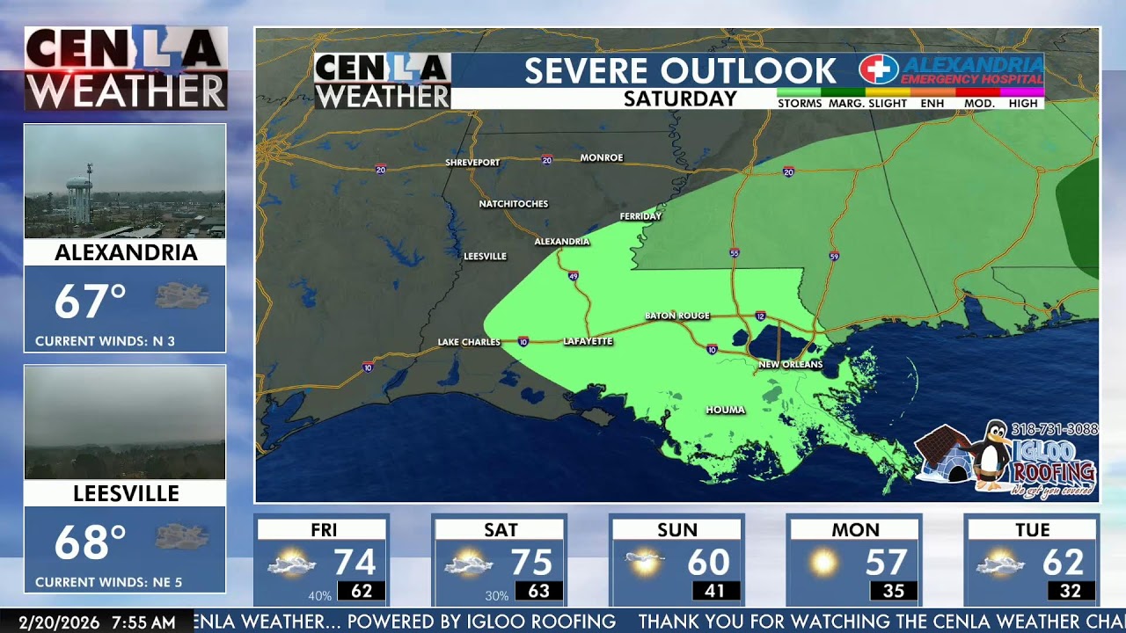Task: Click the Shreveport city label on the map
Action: (x=472, y=163)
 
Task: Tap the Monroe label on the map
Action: (x=602, y=158)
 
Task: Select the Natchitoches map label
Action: (x=513, y=204)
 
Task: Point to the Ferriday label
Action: (x=640, y=216)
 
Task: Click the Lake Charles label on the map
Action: (x=469, y=342)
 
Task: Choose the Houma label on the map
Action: (x=725, y=410)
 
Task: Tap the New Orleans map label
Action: (x=790, y=364)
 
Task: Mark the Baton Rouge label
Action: (x=676, y=316)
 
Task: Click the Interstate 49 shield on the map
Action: (x=573, y=276)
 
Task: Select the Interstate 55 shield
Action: (x=735, y=253)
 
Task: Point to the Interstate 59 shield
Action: (x=833, y=256)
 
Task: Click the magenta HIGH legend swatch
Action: (x=1022, y=91)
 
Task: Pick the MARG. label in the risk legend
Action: (x=846, y=104)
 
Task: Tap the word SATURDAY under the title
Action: (x=680, y=99)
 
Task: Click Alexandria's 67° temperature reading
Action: (x=91, y=302)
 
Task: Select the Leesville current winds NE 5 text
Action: (x=108, y=582)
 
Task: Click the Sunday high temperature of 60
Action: (x=708, y=563)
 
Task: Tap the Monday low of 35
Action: (x=893, y=592)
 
